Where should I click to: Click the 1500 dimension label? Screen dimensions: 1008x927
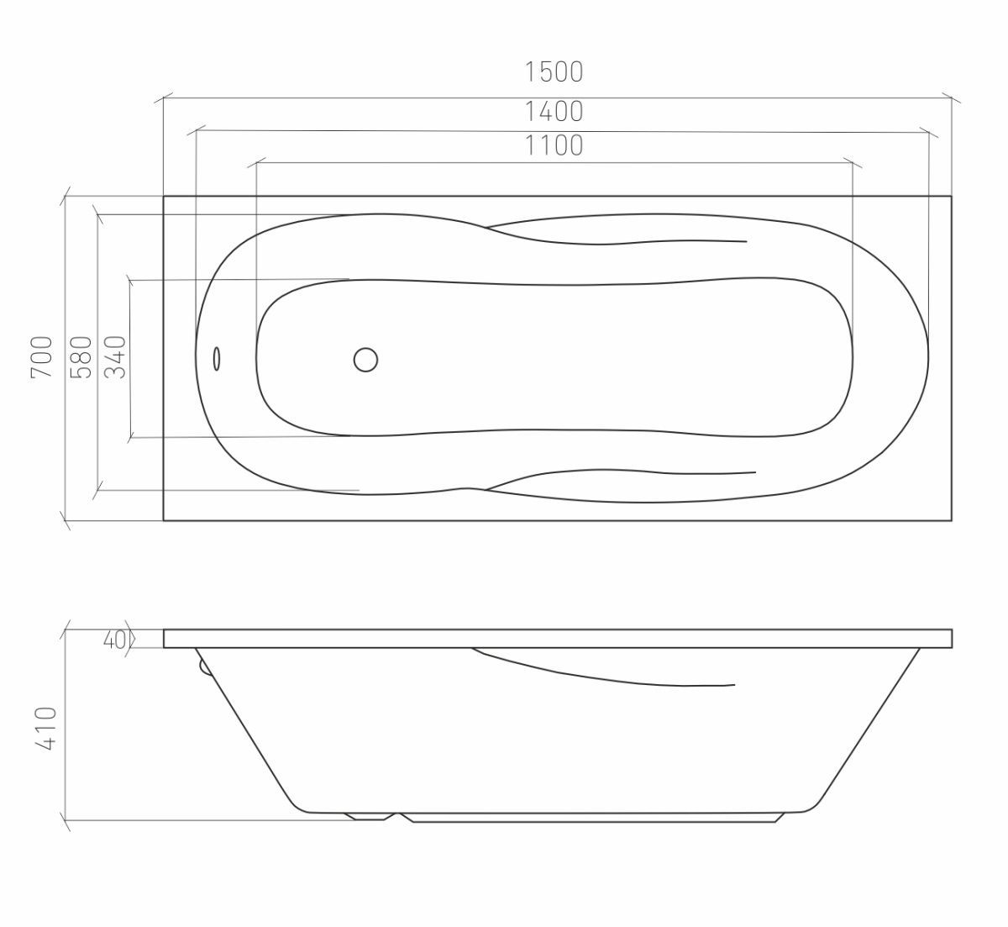point(554,72)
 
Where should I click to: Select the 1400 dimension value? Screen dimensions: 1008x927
point(554,112)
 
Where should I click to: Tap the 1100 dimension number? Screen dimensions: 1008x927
point(554,145)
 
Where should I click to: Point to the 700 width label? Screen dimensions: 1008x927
point(42,357)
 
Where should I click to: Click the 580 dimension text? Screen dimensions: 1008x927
point(81,357)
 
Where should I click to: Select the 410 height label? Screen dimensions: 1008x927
point(46,729)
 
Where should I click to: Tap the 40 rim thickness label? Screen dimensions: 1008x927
point(114,640)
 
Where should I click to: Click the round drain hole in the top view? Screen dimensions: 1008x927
point(365,360)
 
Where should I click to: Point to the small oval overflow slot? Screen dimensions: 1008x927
point(217,359)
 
